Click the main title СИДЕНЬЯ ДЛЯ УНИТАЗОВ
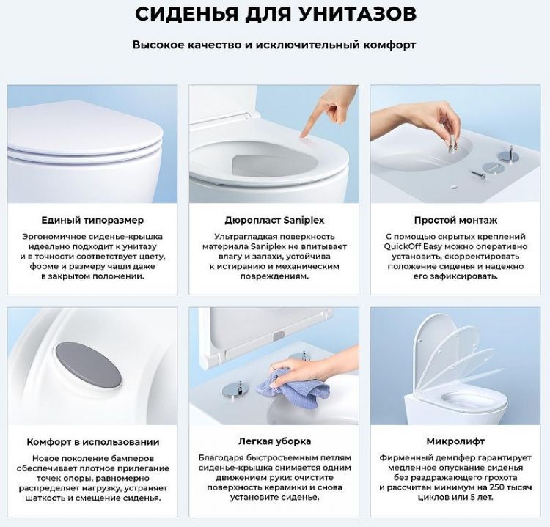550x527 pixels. point(274,14)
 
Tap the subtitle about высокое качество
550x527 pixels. point(274,45)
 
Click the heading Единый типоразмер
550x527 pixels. point(92,220)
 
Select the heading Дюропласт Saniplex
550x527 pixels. point(274,220)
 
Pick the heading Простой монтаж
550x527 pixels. point(455,220)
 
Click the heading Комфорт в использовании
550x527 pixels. point(92,442)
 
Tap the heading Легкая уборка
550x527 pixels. point(274,441)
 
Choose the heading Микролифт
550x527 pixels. point(455,441)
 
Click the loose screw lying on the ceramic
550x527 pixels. point(477,175)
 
